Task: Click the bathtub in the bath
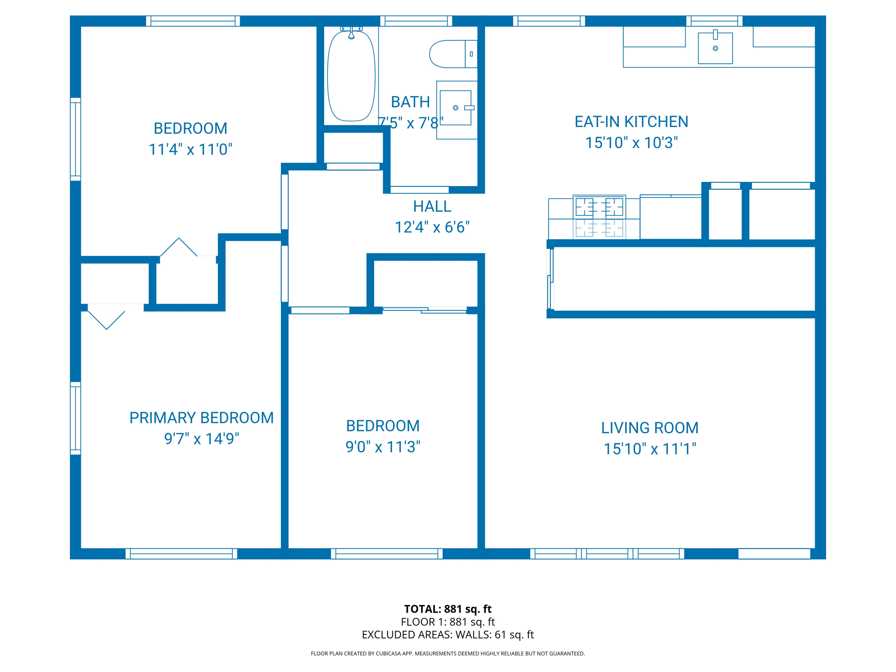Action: (x=351, y=77)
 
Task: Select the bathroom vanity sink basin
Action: (x=455, y=108)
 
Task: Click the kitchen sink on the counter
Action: (x=715, y=48)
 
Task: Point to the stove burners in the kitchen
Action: (x=599, y=207)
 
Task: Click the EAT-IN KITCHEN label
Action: (x=631, y=122)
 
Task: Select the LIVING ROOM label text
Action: (x=649, y=428)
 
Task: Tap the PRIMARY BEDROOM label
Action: (x=201, y=418)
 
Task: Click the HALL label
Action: (x=432, y=206)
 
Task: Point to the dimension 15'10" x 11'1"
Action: (x=649, y=449)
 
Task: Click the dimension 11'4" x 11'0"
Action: (x=190, y=150)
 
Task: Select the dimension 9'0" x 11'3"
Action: (x=383, y=447)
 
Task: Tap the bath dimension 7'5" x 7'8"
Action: (x=410, y=123)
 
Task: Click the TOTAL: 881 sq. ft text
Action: (x=448, y=609)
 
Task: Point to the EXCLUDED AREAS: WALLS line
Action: (x=448, y=635)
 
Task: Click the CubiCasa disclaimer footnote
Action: (x=448, y=654)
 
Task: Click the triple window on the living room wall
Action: (x=607, y=553)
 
